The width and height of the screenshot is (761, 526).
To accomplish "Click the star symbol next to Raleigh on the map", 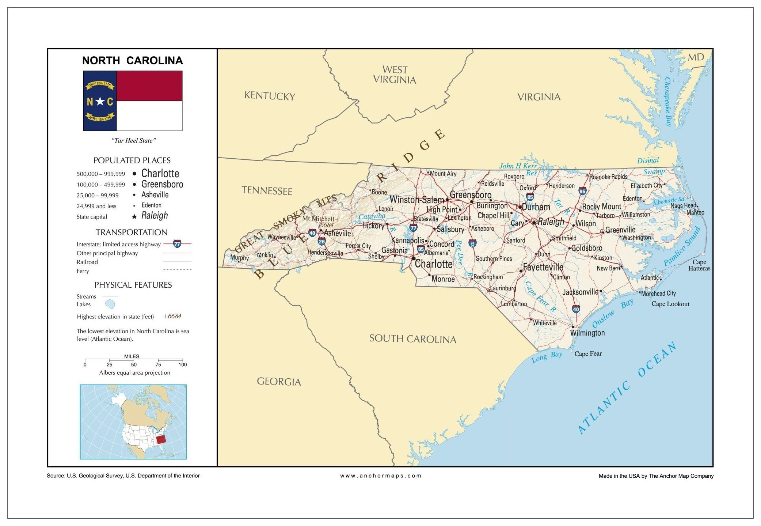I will pyautogui.click(x=534, y=222).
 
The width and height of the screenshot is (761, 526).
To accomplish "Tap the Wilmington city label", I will pyautogui.click(x=587, y=333).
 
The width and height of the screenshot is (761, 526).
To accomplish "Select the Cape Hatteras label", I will pyautogui.click(x=699, y=265).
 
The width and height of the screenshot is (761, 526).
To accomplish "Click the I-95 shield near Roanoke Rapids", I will pyautogui.click(x=582, y=191).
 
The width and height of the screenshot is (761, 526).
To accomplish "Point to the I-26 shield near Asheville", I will pyautogui.click(x=321, y=241).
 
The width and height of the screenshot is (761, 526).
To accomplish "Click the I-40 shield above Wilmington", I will pyautogui.click(x=576, y=309).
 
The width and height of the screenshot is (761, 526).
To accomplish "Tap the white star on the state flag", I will pyautogui.click(x=100, y=101).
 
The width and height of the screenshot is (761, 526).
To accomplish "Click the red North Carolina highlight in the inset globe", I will pyautogui.click(x=161, y=439).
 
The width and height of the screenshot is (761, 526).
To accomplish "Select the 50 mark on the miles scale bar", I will pyautogui.click(x=134, y=364).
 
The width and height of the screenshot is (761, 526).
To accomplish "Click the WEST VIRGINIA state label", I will pyautogui.click(x=395, y=75).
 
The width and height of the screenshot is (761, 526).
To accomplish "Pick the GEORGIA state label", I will pyautogui.click(x=279, y=382).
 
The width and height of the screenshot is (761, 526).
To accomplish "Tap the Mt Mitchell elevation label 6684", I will pyautogui.click(x=327, y=225).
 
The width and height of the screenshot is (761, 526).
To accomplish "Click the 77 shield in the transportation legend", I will pyautogui.click(x=177, y=244).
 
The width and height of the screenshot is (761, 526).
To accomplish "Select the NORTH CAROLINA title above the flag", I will pyautogui.click(x=132, y=60).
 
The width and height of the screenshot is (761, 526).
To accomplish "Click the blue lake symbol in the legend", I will pyautogui.click(x=110, y=304).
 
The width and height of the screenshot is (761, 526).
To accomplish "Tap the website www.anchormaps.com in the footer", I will pyautogui.click(x=380, y=476).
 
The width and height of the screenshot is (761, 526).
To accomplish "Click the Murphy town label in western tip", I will pyautogui.click(x=239, y=258).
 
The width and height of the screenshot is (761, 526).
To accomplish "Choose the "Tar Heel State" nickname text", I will pyautogui.click(x=134, y=140).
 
